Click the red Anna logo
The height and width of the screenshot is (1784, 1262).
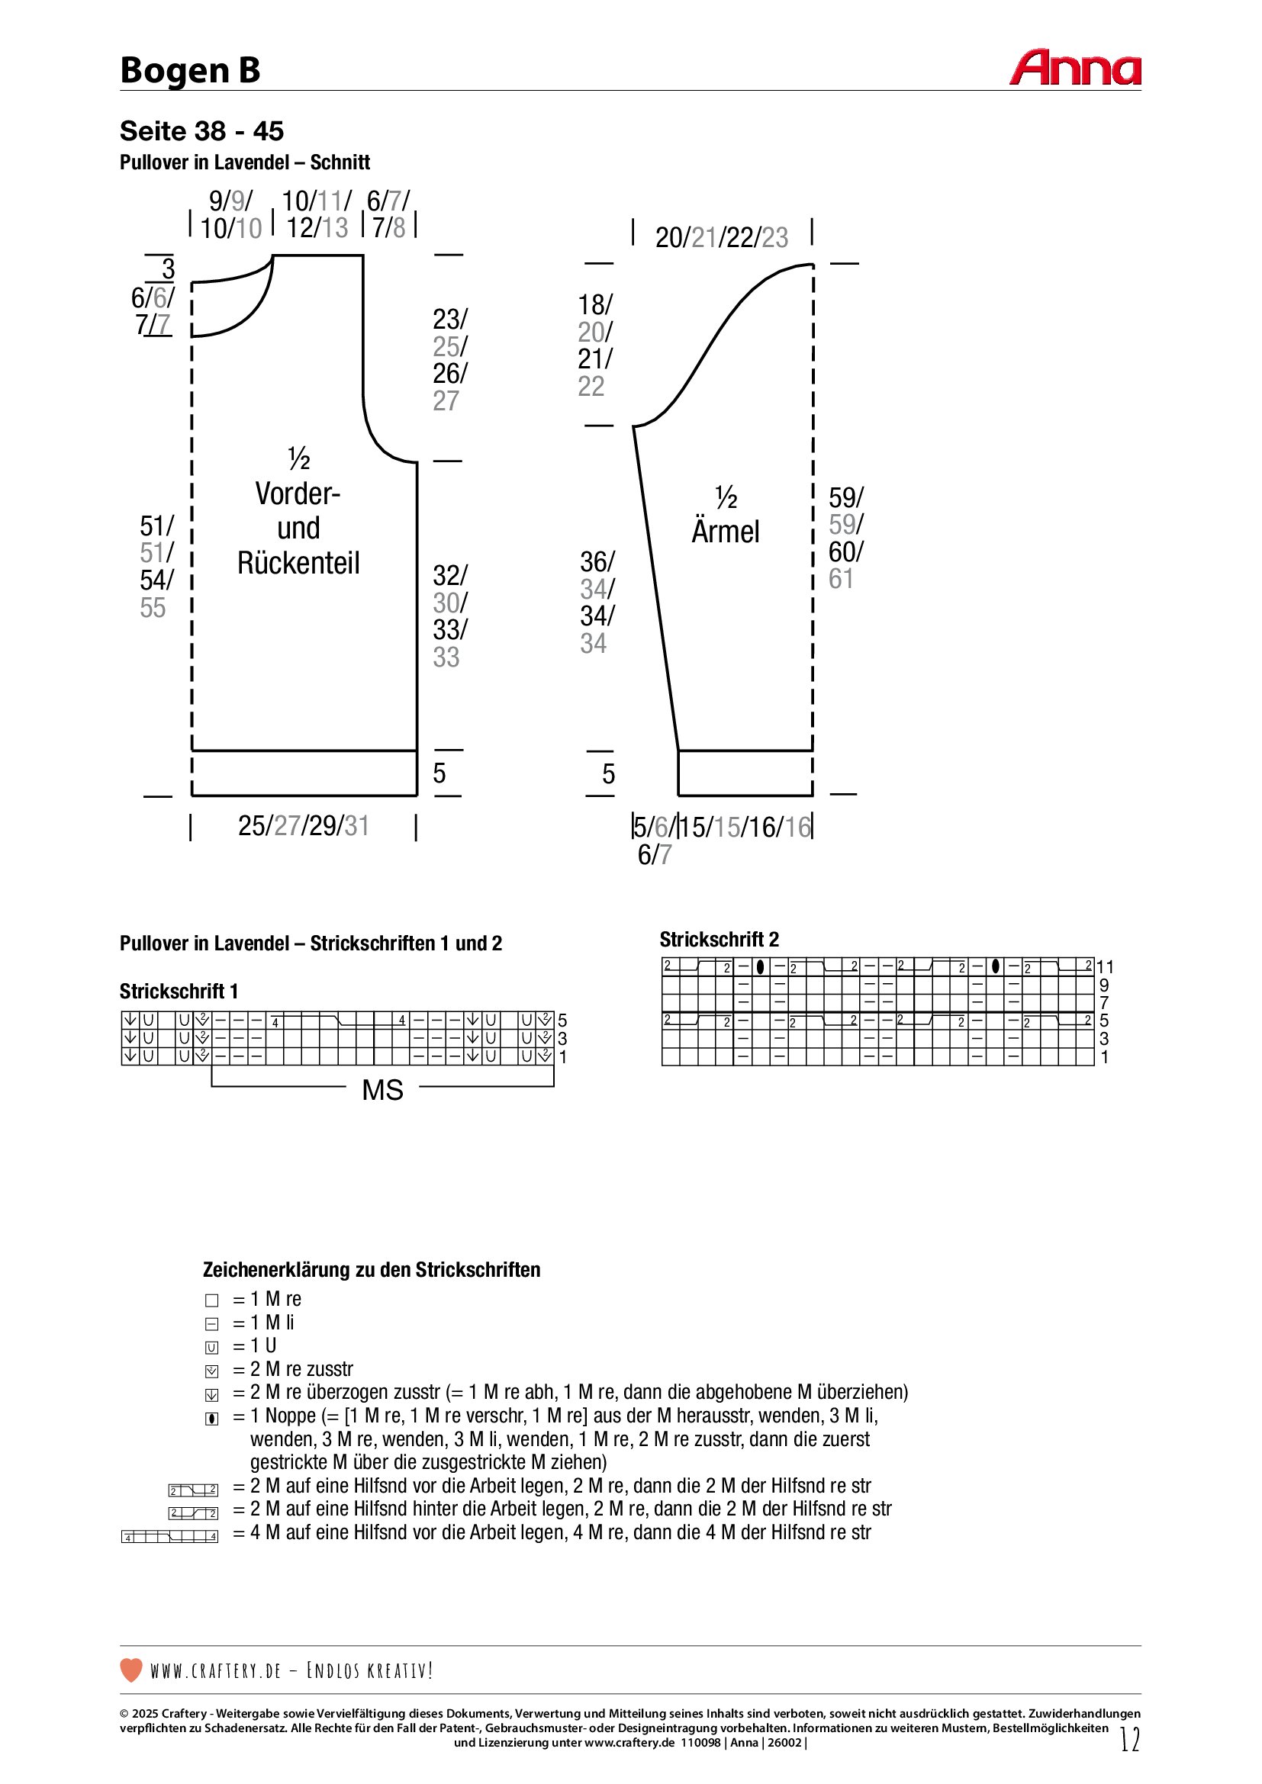click(1075, 68)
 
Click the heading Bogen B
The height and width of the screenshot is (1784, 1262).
click(190, 71)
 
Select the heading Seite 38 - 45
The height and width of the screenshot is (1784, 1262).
click(201, 131)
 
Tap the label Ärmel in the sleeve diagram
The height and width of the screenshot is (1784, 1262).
click(725, 532)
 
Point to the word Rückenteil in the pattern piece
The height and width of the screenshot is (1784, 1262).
click(298, 563)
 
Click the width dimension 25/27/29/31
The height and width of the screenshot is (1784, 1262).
click(303, 825)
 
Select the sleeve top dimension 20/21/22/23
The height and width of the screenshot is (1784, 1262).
click(721, 237)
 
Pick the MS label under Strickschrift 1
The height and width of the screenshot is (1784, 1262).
click(382, 1089)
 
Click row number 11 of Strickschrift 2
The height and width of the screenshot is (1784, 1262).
click(1105, 966)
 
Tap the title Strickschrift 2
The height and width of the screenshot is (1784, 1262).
click(719, 940)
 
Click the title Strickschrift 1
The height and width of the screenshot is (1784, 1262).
click(179, 991)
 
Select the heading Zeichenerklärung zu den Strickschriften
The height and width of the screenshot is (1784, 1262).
click(372, 1270)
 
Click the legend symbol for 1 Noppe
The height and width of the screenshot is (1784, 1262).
click(211, 1419)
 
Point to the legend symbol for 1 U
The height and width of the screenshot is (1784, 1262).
click(211, 1348)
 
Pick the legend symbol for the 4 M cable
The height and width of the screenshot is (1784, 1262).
click(170, 1536)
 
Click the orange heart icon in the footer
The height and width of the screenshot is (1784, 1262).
click(131, 1670)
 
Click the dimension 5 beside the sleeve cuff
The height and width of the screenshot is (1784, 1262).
click(608, 774)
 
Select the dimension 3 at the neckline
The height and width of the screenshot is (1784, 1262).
click(168, 268)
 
